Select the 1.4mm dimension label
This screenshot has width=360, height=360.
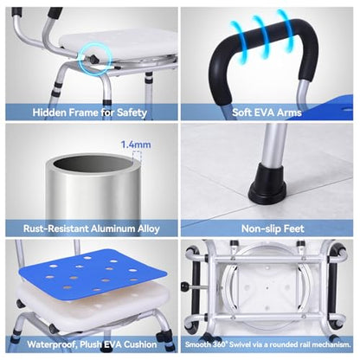point(136,145)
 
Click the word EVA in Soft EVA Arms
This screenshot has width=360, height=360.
point(267,112)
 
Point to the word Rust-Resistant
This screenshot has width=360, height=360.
point(56,228)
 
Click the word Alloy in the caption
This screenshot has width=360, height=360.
point(149,228)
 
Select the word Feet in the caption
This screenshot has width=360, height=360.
point(294,228)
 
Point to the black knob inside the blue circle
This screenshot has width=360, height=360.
point(93,59)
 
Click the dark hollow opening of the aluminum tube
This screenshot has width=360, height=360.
point(93,164)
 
